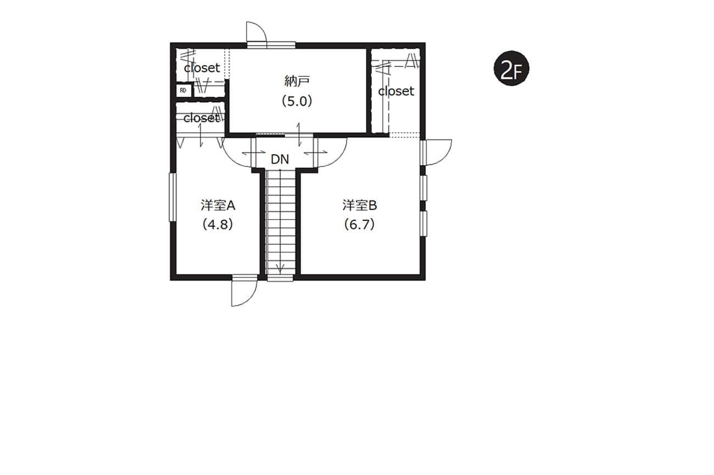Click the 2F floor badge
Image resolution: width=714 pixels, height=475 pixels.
pos(511,68)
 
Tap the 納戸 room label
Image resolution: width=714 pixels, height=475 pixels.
pos(297,82)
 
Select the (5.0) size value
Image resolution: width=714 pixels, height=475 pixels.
pos(297,102)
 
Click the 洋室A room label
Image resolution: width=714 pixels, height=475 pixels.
pos(218,205)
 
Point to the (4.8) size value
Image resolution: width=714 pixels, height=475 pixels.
pos(218,225)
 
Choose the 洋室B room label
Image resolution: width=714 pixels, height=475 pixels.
pos(360,205)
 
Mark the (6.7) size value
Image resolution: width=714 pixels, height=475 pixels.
pos(359,225)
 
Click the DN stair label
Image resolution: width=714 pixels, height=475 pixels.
pos(280,159)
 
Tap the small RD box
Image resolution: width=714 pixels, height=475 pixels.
pos(183,91)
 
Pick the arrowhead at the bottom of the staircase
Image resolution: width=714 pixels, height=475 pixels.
pos(280,270)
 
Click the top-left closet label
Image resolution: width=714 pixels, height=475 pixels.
pos(202,68)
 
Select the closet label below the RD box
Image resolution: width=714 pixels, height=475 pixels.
pos(202,118)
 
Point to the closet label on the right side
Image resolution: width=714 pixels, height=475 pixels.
pos(396,92)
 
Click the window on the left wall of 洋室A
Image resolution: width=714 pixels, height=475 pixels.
pos(172,197)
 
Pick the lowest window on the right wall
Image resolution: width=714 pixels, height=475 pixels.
pos(423,223)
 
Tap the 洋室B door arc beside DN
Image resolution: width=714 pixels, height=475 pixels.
pos(338,159)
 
